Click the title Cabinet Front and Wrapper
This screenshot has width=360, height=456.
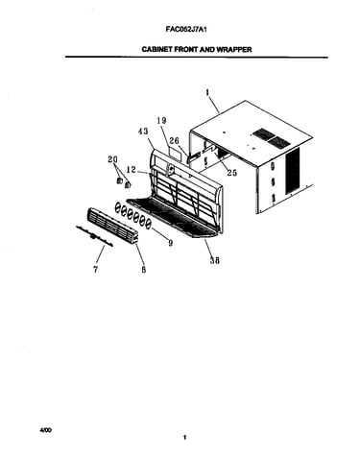point(197,50)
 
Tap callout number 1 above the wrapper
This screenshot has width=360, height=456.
point(207,92)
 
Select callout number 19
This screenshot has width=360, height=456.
point(162,121)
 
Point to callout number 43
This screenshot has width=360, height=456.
point(143,132)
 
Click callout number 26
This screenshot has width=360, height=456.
point(175,141)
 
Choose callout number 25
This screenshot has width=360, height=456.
point(232,173)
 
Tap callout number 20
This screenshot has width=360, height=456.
point(113,159)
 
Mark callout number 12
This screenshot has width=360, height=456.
point(132,169)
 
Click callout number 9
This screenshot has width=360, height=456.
point(171,243)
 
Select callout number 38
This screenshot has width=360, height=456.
point(215,260)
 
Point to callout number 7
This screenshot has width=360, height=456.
point(96,270)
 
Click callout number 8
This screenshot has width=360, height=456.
point(144,270)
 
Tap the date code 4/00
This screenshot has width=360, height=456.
point(45,430)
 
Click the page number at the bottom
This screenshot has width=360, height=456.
point(184,438)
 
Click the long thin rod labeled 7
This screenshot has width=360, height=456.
point(95,236)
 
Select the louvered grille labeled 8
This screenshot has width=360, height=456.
point(112,225)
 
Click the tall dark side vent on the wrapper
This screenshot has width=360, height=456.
point(293,170)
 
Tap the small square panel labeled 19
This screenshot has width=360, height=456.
point(175,153)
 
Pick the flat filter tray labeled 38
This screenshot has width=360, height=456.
point(173,218)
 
